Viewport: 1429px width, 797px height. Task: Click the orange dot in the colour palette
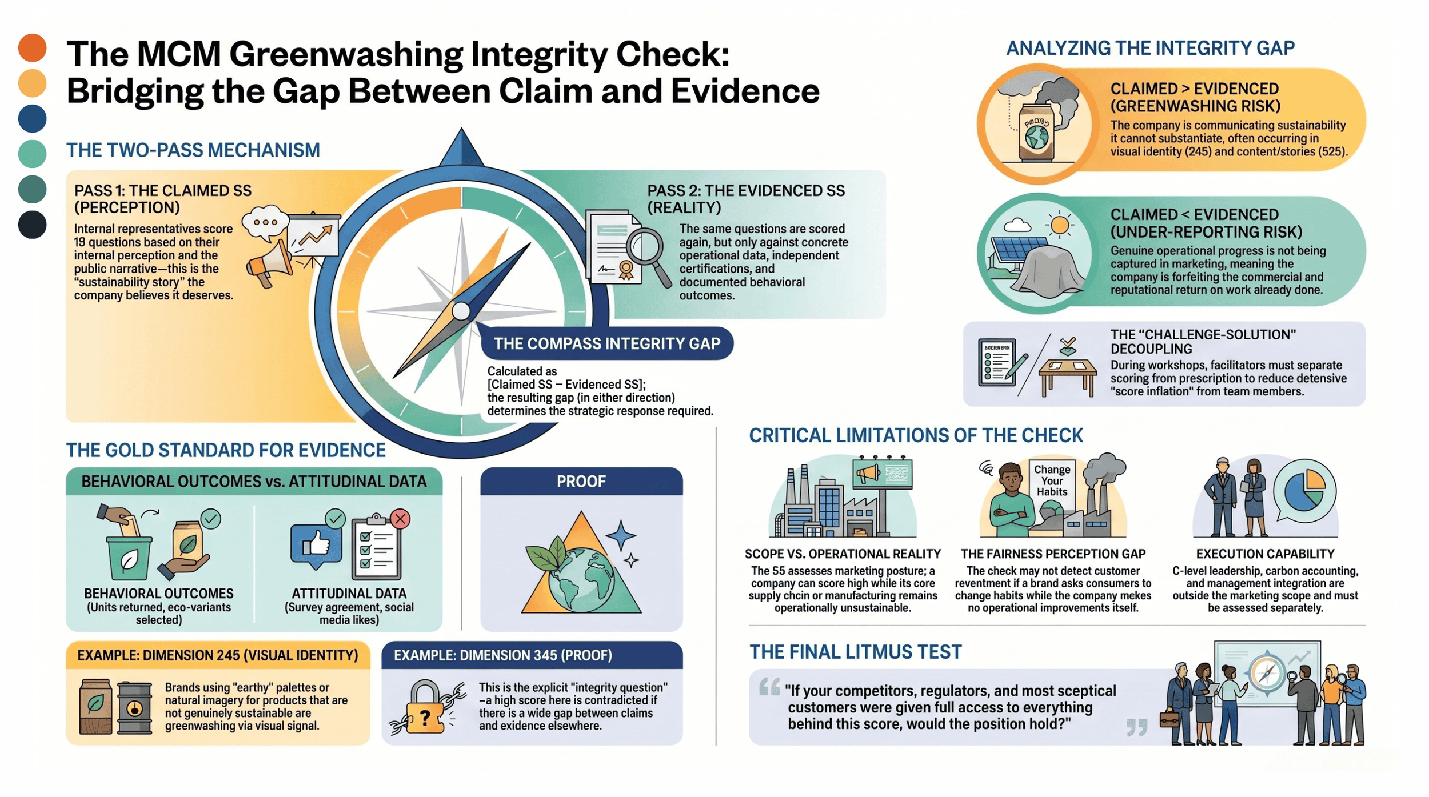32,47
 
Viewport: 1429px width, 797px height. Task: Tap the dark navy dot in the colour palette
32,224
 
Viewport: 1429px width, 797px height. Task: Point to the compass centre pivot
461,311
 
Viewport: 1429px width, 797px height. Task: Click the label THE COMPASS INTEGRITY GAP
606,343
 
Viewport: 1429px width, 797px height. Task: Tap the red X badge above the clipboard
400,519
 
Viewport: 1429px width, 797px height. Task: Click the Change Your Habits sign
1052,480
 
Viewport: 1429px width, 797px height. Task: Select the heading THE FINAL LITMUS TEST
855,652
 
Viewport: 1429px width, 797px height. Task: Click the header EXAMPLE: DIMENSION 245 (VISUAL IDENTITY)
218,655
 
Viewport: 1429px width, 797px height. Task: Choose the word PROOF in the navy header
581,482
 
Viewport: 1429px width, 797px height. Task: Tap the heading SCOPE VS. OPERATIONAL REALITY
842,554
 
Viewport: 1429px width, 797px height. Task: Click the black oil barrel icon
134,708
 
